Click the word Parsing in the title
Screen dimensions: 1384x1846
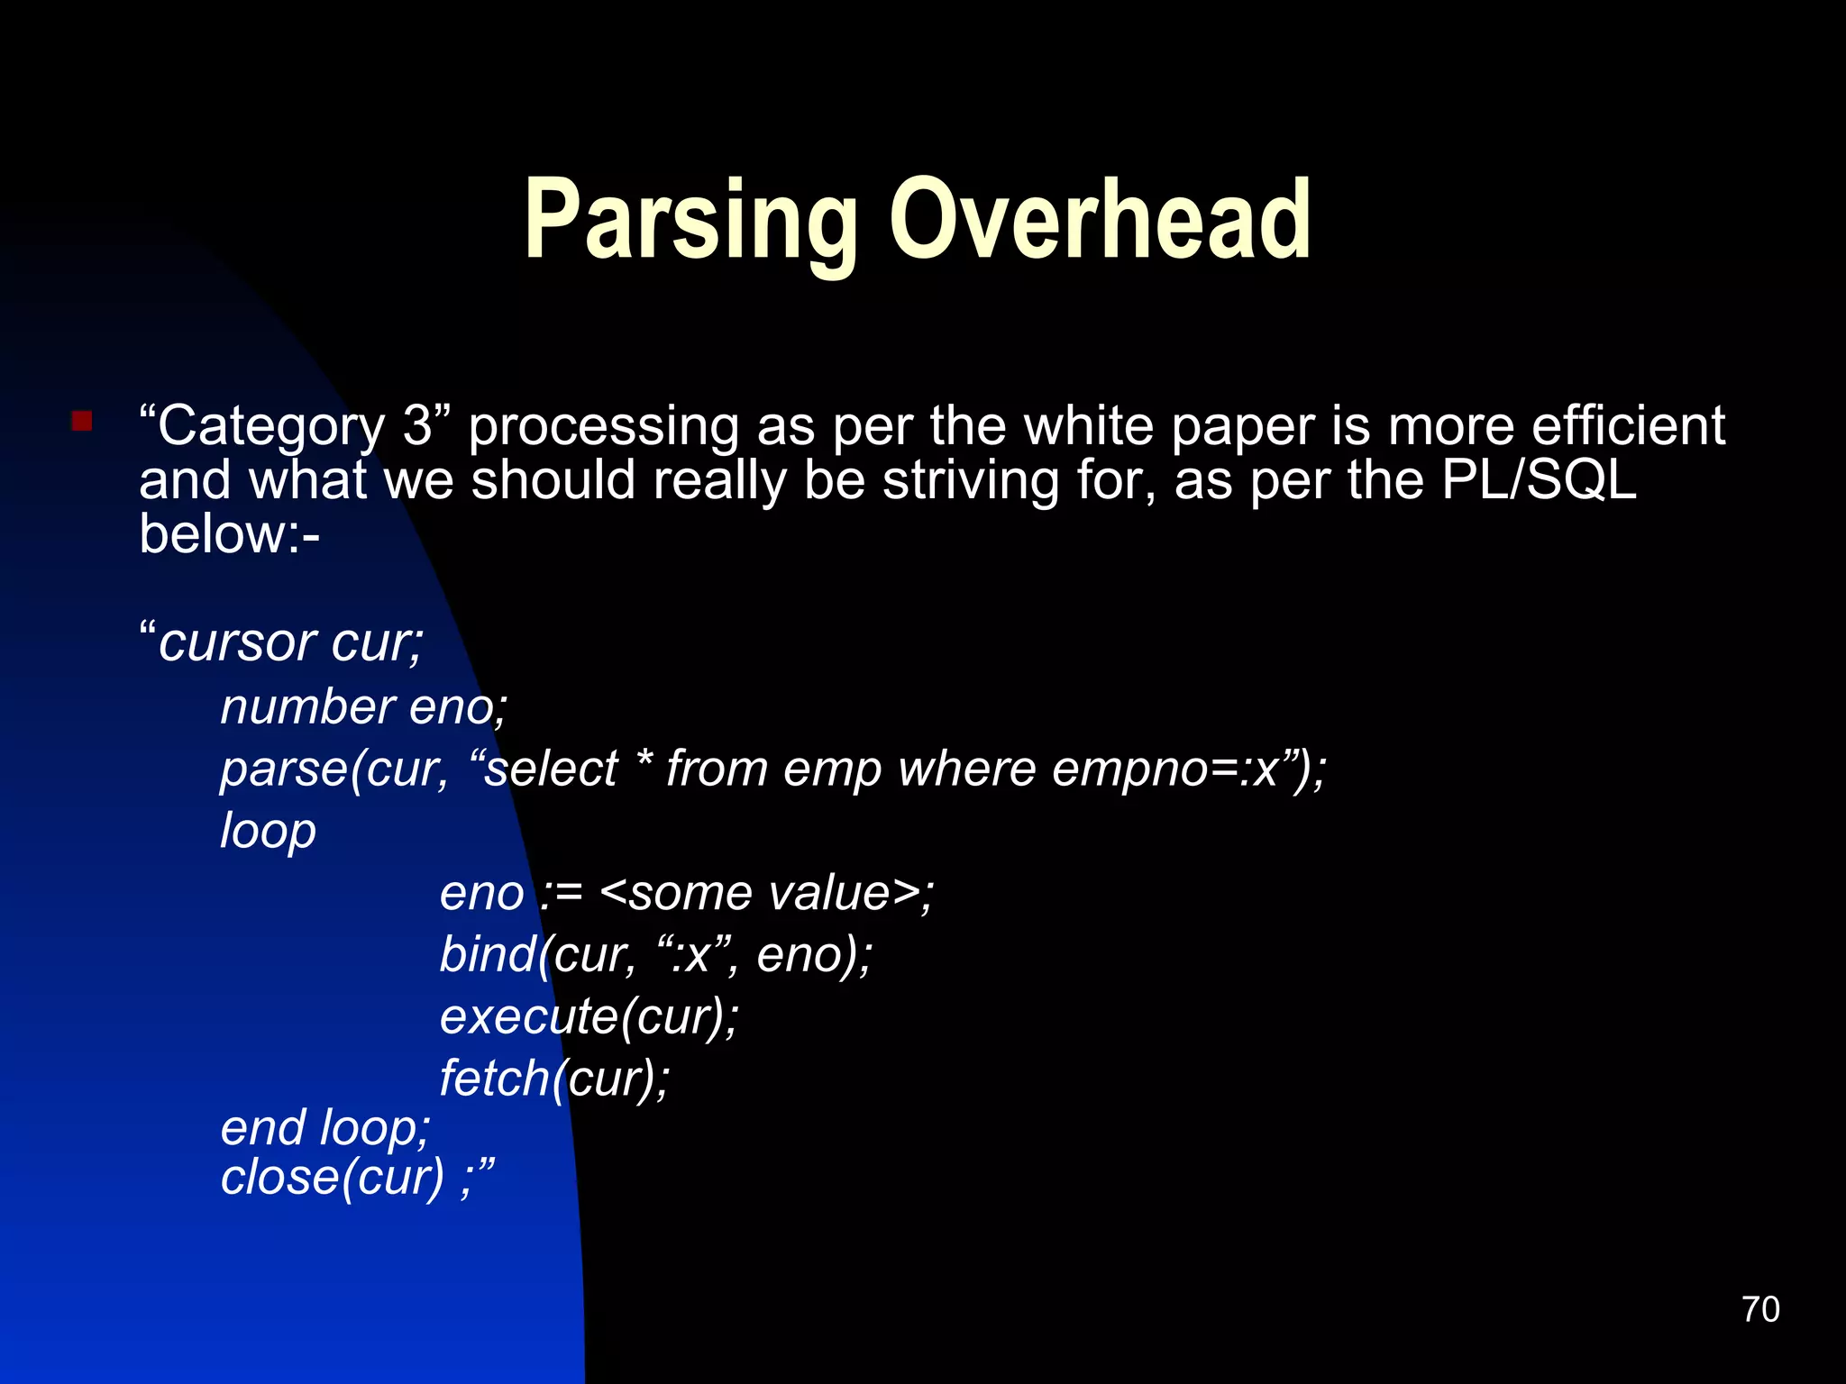[690, 221]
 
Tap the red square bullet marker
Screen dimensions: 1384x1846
[82, 421]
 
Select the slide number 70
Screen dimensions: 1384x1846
[1760, 1309]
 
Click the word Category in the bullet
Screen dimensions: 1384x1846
[270, 426]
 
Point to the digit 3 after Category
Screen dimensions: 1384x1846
[417, 425]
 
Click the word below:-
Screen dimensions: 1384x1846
[229, 533]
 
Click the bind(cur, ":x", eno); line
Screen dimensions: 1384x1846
[655, 955]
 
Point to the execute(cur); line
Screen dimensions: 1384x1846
[589, 1016]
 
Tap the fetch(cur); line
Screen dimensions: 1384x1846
[554, 1079]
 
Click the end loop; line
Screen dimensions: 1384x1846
[325, 1128]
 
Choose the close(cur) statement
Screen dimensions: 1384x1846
[333, 1178]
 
